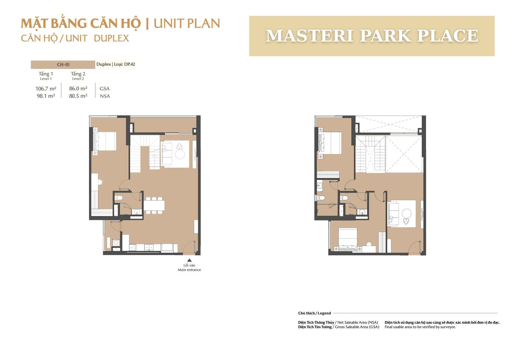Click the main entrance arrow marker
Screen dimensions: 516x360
click(189, 260)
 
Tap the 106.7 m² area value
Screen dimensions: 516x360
click(45, 89)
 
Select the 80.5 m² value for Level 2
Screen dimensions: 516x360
click(78, 96)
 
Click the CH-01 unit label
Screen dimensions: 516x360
click(63, 65)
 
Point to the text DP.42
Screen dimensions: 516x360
click(130, 64)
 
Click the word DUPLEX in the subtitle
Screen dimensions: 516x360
click(112, 38)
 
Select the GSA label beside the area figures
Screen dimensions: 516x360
click(104, 89)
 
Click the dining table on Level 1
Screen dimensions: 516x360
click(154, 205)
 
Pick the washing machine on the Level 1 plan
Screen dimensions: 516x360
click(116, 242)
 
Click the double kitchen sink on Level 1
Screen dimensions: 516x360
click(149, 247)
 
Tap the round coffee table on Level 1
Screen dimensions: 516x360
click(180, 154)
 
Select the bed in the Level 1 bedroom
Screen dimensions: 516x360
click(105, 141)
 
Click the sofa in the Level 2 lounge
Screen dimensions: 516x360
click(393, 213)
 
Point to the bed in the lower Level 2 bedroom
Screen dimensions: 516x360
click(348, 239)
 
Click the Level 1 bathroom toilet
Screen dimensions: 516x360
click(119, 198)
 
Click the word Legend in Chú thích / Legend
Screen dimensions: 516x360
click(324, 313)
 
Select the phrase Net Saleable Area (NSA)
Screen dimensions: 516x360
click(358, 322)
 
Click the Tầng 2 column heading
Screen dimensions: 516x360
click(78, 74)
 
